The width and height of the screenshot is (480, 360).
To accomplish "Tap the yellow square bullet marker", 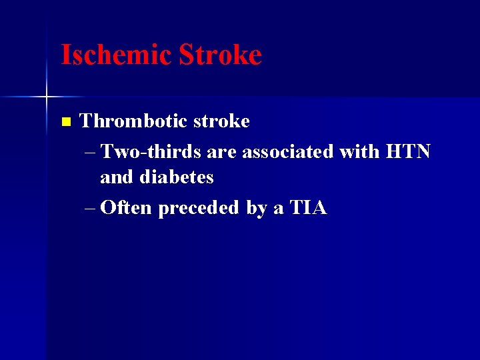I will coord(65,122).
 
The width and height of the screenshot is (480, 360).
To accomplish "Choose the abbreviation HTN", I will coord(408,152).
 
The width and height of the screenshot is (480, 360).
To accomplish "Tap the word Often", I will coord(126,208).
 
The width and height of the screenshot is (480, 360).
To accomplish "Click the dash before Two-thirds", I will coord(91,153).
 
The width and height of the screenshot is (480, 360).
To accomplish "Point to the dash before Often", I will coord(91,209).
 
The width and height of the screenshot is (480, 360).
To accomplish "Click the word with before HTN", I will coord(359,152).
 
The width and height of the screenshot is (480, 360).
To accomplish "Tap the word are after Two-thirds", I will coord(222,153).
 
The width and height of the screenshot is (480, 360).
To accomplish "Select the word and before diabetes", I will coord(116,177).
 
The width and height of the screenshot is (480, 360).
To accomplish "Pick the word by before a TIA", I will coord(256,209).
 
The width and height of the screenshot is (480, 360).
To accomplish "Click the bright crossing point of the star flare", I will coord(47,97).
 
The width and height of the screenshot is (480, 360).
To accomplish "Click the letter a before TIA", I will coord(279,209).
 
